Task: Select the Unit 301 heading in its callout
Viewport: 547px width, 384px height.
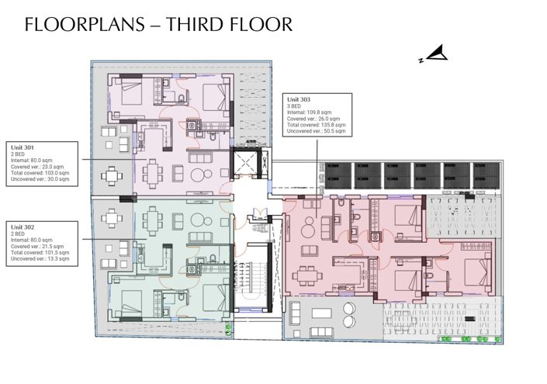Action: point(24,146)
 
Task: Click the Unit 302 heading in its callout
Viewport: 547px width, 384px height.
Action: point(24,226)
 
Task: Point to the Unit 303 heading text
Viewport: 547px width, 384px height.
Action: point(299,100)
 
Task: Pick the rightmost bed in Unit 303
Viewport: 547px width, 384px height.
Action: point(474,272)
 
